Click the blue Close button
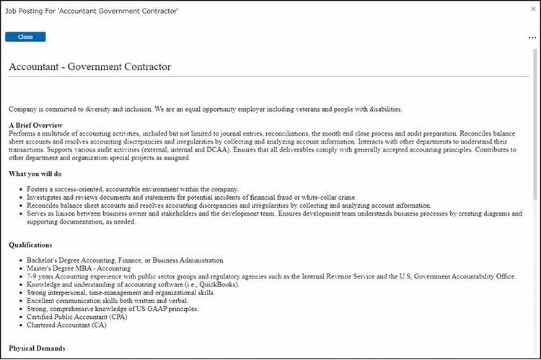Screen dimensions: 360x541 (x=25, y=37)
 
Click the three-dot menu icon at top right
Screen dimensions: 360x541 (x=532, y=38)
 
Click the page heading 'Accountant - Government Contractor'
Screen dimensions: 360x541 (x=89, y=67)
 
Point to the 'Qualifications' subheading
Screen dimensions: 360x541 (x=30, y=245)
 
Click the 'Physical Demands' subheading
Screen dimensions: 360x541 (x=37, y=348)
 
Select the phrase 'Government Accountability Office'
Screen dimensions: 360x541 (x=463, y=276)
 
